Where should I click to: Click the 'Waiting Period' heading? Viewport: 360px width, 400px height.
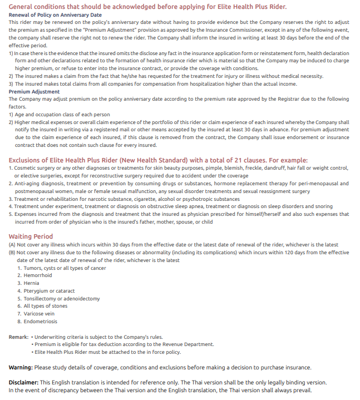[31, 236]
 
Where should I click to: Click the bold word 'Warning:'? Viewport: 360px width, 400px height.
[21, 367]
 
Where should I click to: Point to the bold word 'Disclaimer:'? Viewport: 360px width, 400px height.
[23, 382]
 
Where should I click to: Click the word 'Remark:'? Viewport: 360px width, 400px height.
[19, 337]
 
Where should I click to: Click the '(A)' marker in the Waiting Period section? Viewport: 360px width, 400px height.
[12, 245]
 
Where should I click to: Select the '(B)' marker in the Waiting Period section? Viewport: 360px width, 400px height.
[12, 252]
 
